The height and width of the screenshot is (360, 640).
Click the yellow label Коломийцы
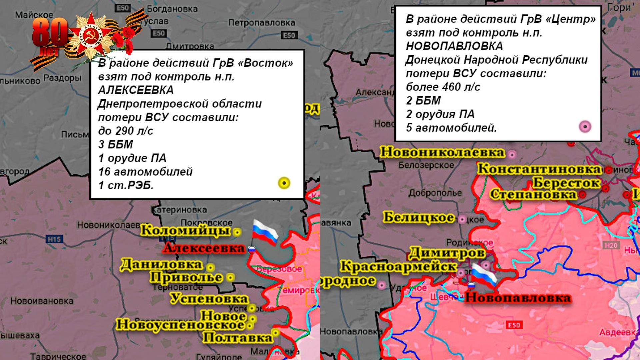click(185, 231)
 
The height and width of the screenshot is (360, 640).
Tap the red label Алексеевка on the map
click(204, 248)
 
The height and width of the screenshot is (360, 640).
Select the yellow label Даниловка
click(161, 265)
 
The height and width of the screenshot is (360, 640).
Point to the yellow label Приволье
click(186, 277)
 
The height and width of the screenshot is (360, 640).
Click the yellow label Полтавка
click(238, 338)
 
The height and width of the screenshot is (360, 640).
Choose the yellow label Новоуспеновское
click(180, 324)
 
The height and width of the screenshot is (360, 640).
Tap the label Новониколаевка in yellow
click(442, 152)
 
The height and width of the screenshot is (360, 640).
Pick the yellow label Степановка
click(533, 194)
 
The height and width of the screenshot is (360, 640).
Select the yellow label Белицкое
click(418, 218)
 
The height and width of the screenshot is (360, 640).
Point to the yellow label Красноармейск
click(398, 267)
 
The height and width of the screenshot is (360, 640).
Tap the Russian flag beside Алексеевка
click(265, 232)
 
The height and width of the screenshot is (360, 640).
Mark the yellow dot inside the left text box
click(284, 183)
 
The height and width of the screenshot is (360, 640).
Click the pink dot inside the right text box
click(585, 127)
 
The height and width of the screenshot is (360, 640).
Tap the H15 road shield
click(54, 239)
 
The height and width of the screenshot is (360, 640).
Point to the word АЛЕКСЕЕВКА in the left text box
click(136, 90)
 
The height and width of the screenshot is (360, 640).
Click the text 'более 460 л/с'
click(443, 87)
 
